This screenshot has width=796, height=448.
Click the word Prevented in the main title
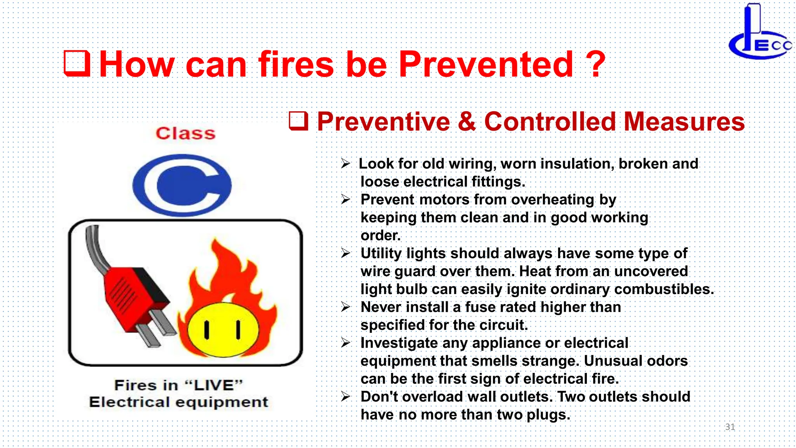coord(486,64)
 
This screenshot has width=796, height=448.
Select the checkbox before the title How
coord(77,63)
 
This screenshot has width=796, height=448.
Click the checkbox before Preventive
coord(298,121)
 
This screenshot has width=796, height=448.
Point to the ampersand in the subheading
coord(466,122)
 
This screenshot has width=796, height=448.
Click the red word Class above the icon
coord(185,133)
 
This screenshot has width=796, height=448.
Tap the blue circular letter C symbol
coord(182,185)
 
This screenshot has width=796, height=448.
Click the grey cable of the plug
coord(95,249)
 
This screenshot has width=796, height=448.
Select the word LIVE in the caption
coord(213,385)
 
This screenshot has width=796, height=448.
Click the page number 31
coord(730,427)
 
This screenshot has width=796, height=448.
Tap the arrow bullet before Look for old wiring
coord(346,164)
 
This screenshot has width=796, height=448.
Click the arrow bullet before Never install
coord(346,307)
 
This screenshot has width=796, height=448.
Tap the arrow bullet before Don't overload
coord(346,397)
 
